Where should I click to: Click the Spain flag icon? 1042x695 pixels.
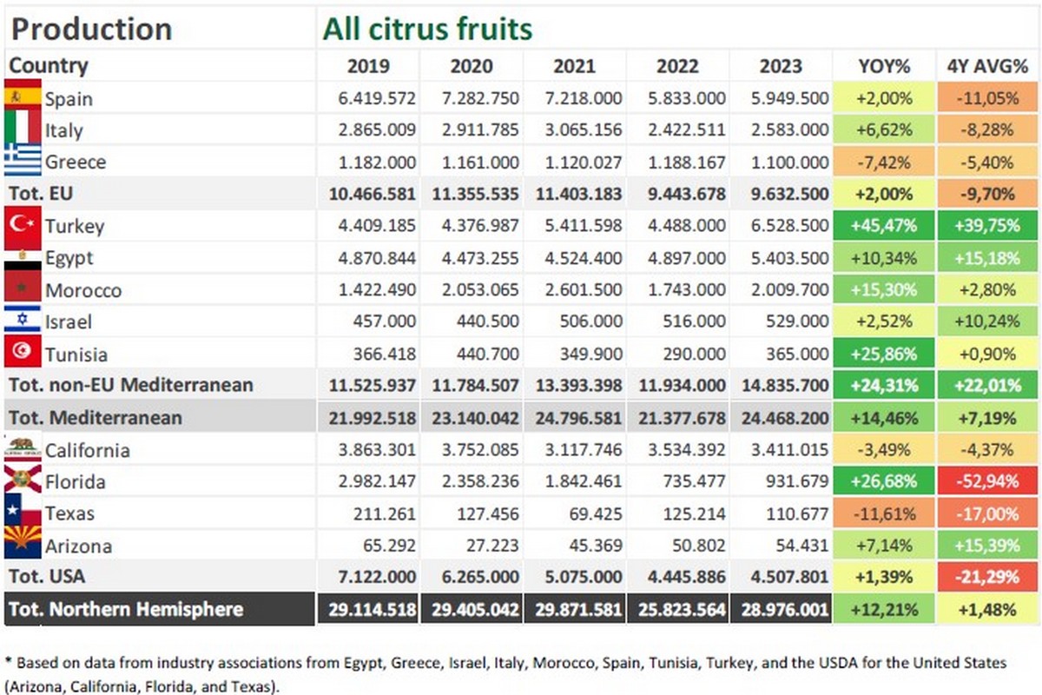[23, 97]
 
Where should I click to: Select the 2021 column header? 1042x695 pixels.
[575, 66]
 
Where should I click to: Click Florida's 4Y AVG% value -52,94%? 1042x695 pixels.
[988, 481]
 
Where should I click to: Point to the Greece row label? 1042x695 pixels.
[76, 162]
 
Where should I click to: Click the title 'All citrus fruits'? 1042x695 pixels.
[427, 30]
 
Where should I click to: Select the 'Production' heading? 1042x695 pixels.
[91, 30]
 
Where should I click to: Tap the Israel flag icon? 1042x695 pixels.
[23, 321]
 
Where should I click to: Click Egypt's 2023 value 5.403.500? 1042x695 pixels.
[781, 258]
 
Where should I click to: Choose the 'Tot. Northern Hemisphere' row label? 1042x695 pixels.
[126, 609]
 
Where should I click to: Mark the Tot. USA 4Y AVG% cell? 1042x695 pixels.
[988, 577]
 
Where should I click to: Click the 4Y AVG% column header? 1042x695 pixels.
[988, 66]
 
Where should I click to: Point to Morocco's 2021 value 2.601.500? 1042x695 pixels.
[575, 290]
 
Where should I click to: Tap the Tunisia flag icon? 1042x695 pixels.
[23, 353]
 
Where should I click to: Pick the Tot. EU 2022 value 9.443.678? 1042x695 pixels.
[678, 194]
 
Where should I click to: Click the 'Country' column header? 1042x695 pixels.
[49, 66]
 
